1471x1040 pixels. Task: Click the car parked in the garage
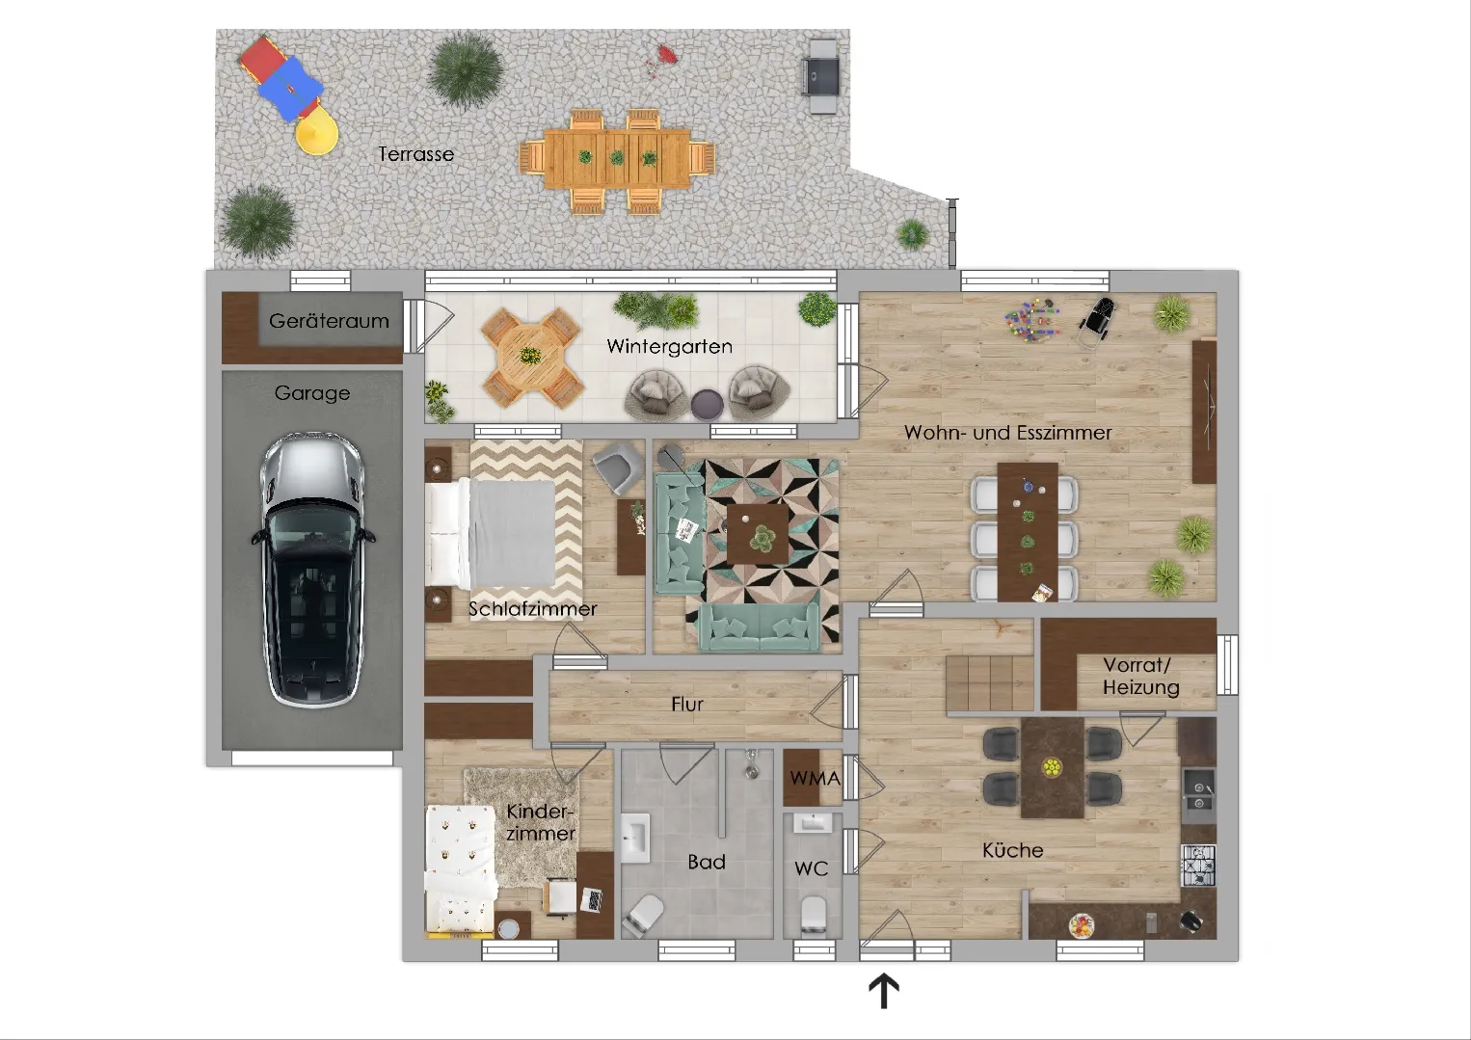(312, 570)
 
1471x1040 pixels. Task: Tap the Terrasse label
(416, 154)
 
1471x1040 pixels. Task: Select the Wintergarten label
(669, 346)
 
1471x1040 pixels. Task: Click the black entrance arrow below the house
(884, 991)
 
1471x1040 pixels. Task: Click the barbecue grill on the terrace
(820, 75)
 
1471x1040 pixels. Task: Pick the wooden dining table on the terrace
(617, 158)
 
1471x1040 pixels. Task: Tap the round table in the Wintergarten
(530, 357)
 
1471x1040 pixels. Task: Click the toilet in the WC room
(813, 914)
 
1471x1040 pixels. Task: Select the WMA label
(815, 779)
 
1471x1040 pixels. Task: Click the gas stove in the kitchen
(1198, 866)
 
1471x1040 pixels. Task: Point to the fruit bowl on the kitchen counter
(1081, 925)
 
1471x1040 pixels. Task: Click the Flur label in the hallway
(687, 705)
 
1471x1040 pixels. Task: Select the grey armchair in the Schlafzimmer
(618, 466)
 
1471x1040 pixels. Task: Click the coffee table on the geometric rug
(758, 533)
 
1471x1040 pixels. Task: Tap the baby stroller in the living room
(1097, 320)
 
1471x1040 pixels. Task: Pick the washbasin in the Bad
(635, 839)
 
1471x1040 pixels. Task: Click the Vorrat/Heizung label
(1140, 677)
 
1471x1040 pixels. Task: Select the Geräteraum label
(329, 321)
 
